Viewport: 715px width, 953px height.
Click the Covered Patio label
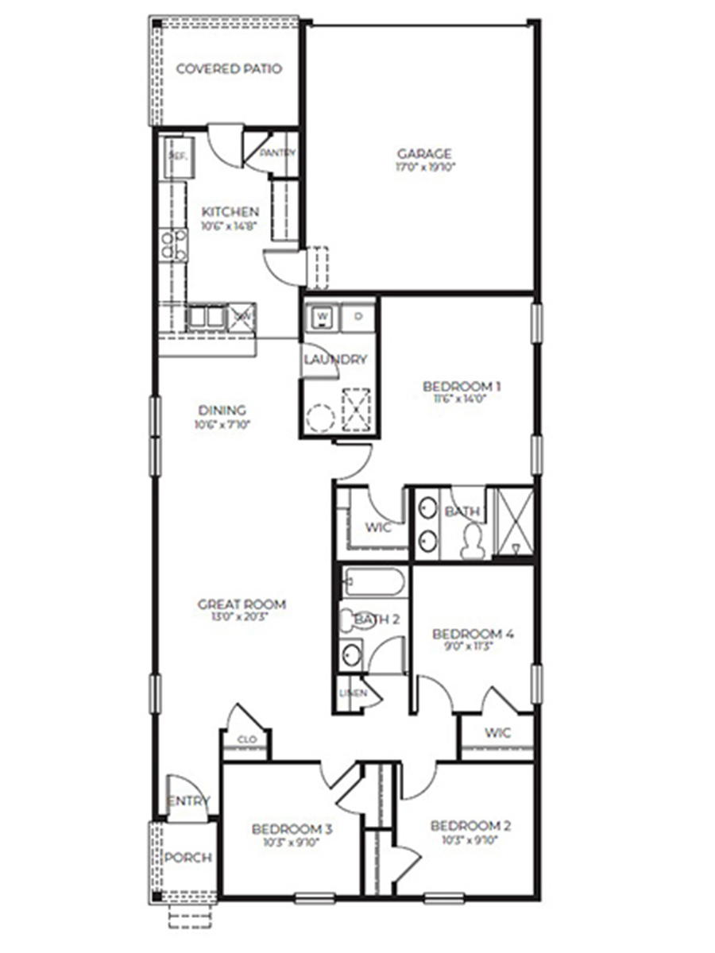coord(229,69)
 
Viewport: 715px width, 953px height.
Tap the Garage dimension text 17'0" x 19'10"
coord(425,168)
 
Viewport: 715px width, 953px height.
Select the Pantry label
coord(277,152)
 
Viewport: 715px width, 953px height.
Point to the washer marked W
coord(323,315)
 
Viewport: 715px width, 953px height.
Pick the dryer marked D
coord(358,315)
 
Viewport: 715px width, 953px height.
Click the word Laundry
coord(335,360)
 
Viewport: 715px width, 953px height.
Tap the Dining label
coord(222,411)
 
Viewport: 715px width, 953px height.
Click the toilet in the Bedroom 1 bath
coord(473,540)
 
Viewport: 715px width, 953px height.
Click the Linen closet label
coord(353,693)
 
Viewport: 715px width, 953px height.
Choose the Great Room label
coord(242,604)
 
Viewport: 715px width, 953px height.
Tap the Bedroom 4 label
coord(473,634)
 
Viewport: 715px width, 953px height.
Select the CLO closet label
coord(246,740)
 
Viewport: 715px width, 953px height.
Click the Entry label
coord(188,801)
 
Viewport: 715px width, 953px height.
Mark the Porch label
coord(188,858)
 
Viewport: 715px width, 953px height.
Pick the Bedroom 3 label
coord(292,829)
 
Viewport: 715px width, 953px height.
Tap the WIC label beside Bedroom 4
coord(497,732)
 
